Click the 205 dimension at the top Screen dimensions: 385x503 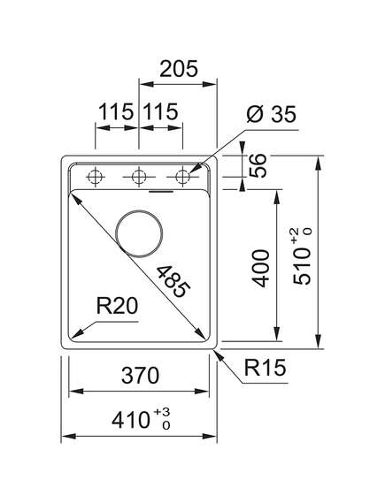179,69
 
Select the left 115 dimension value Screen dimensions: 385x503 116,111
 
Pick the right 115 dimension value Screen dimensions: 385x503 160,111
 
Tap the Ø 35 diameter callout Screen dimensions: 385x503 272,114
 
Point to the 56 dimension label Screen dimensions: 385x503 258,165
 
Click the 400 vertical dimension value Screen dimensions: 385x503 260,269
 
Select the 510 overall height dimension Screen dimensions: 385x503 302,266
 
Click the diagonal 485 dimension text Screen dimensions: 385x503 173,282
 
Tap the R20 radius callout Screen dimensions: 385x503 117,306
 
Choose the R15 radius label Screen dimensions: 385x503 265,368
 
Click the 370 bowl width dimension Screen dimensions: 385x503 141,376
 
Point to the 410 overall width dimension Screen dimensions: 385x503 131,420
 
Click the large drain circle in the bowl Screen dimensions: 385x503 139,234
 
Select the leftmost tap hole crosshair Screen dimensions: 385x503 95,177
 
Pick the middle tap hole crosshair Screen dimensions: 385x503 139,177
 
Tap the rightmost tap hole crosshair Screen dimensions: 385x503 182,177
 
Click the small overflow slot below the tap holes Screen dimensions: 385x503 161,192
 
